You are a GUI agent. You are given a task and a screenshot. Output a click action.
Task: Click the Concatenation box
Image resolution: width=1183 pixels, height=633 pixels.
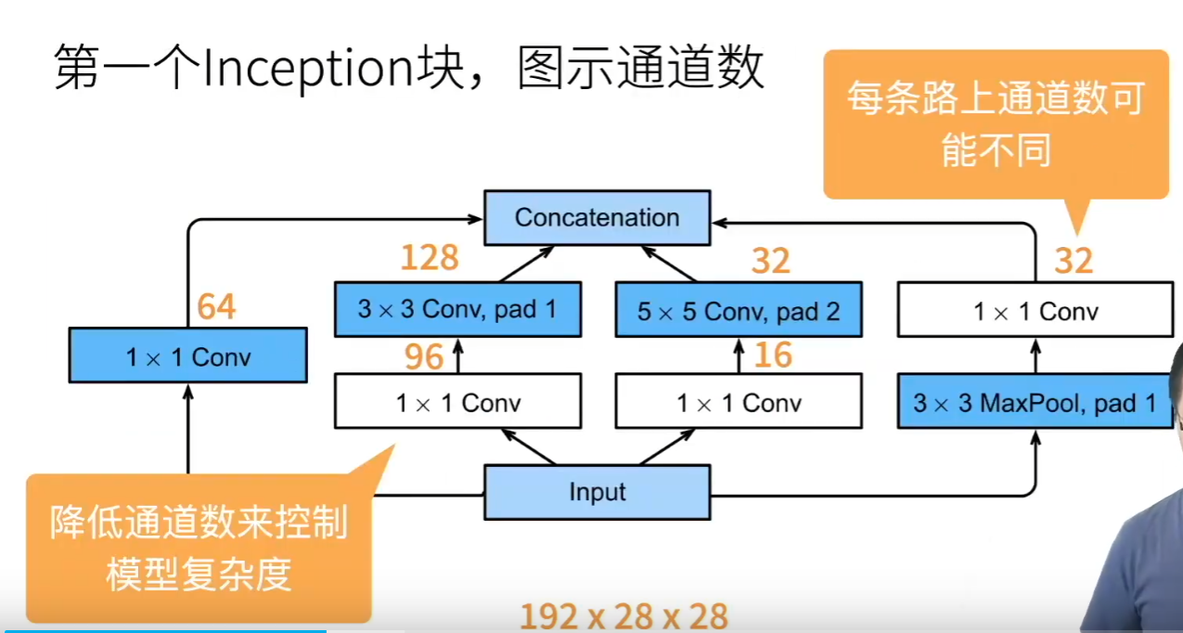(x=597, y=218)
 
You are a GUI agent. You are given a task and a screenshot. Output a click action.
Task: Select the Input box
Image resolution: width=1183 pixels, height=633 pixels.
(x=597, y=492)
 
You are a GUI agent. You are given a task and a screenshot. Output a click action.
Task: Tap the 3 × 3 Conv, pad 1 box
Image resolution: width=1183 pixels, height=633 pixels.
(x=457, y=309)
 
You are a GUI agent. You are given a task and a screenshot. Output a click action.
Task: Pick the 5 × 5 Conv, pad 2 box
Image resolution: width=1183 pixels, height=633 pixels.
(x=739, y=311)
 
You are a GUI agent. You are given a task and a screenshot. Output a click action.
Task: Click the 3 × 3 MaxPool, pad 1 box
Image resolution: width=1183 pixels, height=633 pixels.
(x=1034, y=403)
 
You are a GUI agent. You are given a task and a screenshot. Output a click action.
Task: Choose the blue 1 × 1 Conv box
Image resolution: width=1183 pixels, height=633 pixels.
(x=187, y=355)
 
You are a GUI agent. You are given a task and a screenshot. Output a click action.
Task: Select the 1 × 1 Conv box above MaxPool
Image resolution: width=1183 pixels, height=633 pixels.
(x=1035, y=311)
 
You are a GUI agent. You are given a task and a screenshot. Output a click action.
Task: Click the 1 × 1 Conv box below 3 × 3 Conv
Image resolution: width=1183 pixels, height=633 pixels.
(x=457, y=403)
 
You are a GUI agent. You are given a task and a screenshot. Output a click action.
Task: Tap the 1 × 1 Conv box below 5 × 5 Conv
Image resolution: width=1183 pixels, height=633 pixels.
(x=739, y=403)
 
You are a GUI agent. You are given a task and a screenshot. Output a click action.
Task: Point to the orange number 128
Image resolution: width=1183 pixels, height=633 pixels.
(x=430, y=257)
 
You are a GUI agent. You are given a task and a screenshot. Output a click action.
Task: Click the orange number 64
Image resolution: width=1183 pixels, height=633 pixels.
(x=216, y=306)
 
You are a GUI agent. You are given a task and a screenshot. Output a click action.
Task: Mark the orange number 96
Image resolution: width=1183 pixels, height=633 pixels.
(x=424, y=357)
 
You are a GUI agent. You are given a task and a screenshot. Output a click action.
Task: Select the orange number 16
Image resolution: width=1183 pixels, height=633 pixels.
(x=773, y=355)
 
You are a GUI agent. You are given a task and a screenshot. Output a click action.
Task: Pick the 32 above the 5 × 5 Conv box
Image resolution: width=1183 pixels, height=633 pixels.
(x=770, y=262)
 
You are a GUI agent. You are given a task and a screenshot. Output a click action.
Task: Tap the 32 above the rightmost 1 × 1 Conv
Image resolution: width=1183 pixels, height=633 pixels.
(x=1074, y=262)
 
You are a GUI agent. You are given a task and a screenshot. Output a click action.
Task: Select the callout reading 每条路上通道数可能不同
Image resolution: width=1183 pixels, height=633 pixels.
(x=996, y=123)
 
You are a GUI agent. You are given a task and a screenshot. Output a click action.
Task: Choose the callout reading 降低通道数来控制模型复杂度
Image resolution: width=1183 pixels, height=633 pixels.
(x=199, y=549)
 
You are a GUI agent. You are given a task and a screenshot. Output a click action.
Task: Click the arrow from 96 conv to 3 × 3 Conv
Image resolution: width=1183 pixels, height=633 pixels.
(x=457, y=355)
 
